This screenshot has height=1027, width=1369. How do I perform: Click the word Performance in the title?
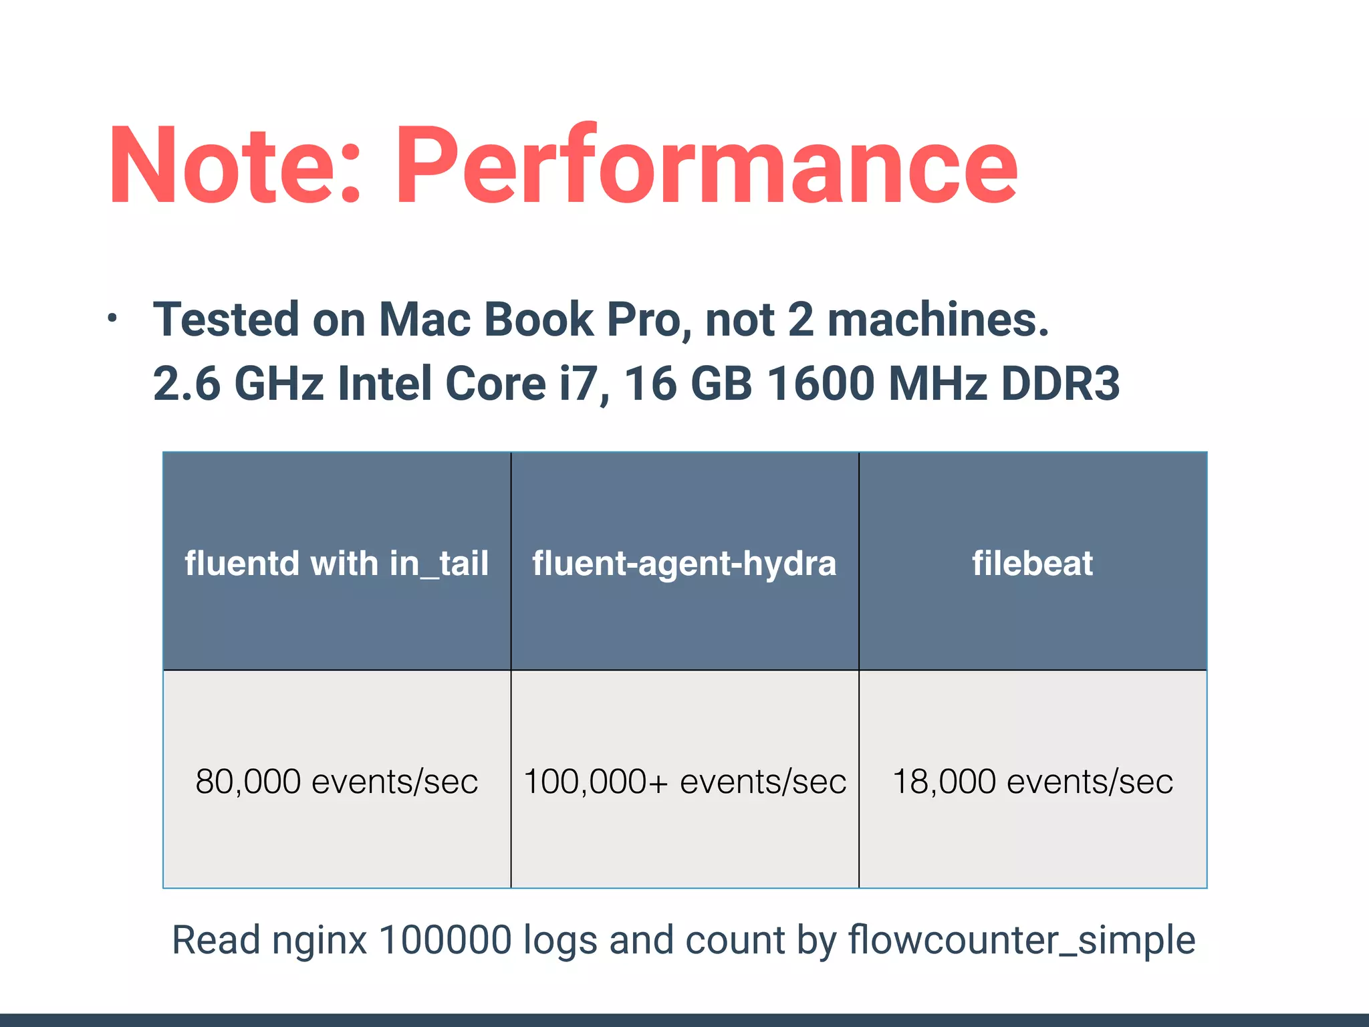707,165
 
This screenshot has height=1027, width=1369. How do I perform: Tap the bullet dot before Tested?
112,319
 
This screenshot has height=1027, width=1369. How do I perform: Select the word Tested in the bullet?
226,319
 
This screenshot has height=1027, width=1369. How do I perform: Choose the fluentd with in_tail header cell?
337,562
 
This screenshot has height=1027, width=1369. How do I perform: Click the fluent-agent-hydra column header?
684,562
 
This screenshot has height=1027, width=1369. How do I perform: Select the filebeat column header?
1033,562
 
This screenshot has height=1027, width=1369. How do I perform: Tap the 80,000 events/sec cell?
337,781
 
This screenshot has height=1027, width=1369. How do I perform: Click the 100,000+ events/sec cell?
684,781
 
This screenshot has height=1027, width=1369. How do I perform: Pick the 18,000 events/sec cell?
1033,781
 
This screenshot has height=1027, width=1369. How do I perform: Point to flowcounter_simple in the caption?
1021,940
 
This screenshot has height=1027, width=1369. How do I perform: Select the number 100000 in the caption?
445,940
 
